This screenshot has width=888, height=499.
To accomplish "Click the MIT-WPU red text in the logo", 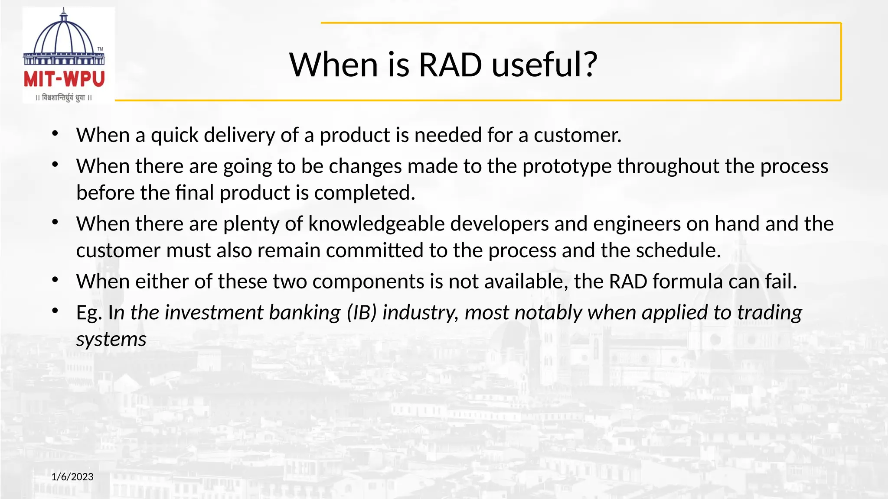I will (64, 80).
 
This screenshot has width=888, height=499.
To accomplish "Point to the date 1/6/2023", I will (72, 477).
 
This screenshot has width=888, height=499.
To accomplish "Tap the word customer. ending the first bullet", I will (578, 136).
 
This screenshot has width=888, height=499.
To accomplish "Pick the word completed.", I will (365, 193).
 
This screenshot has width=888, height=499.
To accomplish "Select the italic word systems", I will (111, 340).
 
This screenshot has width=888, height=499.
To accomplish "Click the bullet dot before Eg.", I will (55, 311).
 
